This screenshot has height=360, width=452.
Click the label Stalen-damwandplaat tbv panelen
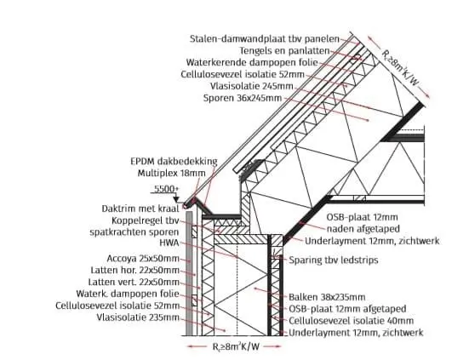(x=265, y=39)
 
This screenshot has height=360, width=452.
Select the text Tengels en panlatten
(x=284, y=51)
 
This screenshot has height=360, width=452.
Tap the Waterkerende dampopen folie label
(x=252, y=62)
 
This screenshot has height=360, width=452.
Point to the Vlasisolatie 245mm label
(x=252, y=86)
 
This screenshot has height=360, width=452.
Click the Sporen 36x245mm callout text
(x=243, y=98)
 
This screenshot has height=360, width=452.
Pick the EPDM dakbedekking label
(x=174, y=162)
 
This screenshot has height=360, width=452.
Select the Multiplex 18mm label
(x=171, y=174)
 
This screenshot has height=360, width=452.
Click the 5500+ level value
(x=166, y=189)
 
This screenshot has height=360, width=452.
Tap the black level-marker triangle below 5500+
(x=176, y=199)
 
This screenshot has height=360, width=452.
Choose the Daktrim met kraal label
(x=140, y=209)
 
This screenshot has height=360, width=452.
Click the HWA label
(x=169, y=243)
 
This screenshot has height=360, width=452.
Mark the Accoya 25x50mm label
(x=143, y=259)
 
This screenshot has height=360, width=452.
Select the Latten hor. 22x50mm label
(x=134, y=271)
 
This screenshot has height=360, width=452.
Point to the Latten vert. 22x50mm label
(x=134, y=282)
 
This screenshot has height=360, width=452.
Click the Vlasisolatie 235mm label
(x=138, y=317)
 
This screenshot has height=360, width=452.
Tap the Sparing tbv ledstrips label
(x=334, y=260)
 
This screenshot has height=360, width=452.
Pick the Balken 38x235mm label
(x=327, y=297)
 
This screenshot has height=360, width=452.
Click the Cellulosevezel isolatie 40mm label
(x=351, y=321)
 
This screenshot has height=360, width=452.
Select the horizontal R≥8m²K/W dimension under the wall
(x=234, y=346)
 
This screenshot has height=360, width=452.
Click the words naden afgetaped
(x=363, y=229)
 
